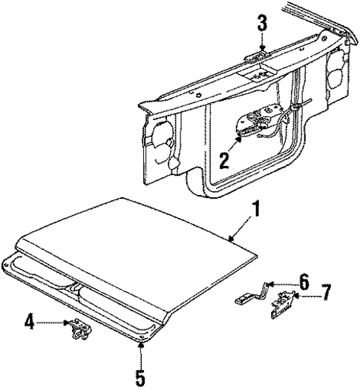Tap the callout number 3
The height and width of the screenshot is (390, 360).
click(262, 23)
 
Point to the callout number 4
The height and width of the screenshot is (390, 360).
click(30, 321)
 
